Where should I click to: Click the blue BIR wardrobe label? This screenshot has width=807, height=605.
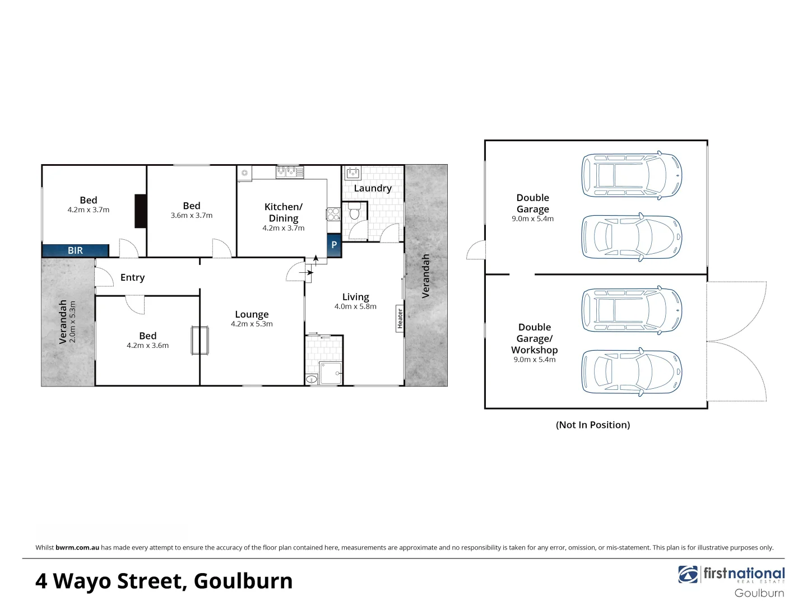click(x=75, y=250)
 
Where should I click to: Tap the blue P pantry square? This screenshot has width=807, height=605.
click(x=334, y=245)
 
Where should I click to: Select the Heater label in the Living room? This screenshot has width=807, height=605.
click(x=400, y=318)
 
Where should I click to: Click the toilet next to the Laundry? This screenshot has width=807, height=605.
click(x=354, y=212)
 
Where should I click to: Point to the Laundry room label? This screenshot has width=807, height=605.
click(x=373, y=188)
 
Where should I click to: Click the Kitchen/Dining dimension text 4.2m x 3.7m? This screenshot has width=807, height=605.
click(x=284, y=228)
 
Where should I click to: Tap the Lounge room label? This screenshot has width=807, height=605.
click(x=252, y=314)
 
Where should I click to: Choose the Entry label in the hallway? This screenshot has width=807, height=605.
click(x=132, y=277)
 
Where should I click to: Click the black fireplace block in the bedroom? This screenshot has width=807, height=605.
click(x=141, y=211)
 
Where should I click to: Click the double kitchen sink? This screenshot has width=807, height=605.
click(x=289, y=171)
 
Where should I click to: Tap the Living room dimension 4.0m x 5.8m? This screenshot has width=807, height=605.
click(x=355, y=306)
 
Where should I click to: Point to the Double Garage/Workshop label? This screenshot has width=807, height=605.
click(x=535, y=338)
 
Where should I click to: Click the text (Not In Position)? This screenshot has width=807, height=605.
click(x=593, y=425)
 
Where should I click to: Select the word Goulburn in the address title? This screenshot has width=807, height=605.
click(x=243, y=581)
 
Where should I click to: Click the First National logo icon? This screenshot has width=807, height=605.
click(x=688, y=574)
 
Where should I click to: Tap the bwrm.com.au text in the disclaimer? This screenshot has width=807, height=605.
click(x=77, y=547)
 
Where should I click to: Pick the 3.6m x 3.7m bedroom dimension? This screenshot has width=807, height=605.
click(x=192, y=215)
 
